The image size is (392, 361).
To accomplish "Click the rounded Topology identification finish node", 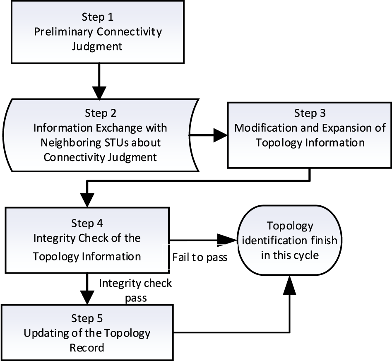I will point(289,241).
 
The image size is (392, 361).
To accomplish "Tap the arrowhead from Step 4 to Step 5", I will point(87,296).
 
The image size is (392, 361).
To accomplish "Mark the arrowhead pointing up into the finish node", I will point(289,285).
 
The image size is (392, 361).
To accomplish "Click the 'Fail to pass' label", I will point(200,258).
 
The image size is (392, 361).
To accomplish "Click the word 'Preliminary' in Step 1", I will point(58,31).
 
